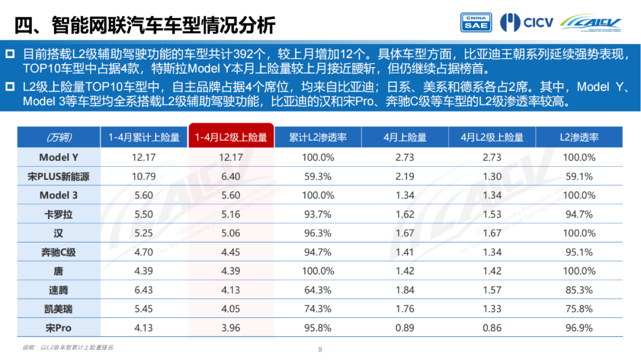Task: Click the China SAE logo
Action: click(476, 23)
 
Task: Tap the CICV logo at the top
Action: click(526, 23)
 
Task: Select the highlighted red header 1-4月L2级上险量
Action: click(231, 138)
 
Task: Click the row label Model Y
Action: click(58, 157)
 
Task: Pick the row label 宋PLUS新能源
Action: click(58, 176)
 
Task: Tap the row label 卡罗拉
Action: click(58, 214)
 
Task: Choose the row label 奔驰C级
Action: click(58, 252)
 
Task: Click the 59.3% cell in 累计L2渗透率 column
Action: click(319, 176)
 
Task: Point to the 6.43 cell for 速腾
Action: click(144, 290)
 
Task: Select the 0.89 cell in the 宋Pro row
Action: click(405, 328)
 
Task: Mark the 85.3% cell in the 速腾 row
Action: click(579, 290)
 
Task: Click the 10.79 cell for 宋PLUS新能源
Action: click(144, 176)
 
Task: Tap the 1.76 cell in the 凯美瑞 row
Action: click(405, 309)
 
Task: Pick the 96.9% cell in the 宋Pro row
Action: click(579, 328)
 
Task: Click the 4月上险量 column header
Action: click(405, 138)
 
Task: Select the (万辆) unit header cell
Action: click(58, 138)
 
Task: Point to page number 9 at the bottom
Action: click(320, 350)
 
